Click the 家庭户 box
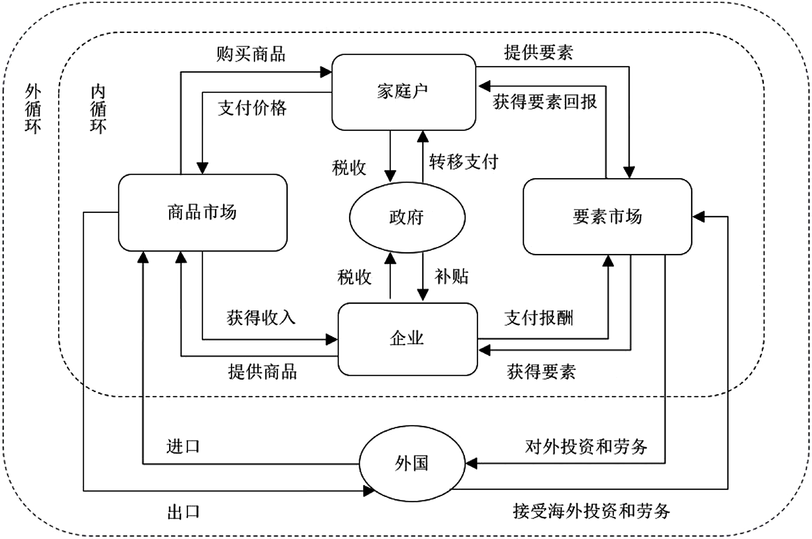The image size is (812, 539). (404, 92)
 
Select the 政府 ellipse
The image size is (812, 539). (407, 217)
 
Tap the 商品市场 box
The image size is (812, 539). (203, 212)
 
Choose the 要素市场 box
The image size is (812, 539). (607, 216)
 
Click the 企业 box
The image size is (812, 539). (407, 339)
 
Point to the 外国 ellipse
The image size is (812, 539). (412, 464)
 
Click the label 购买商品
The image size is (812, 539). (251, 54)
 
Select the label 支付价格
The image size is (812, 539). (252, 108)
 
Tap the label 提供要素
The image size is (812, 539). (538, 52)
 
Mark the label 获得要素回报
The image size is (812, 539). (545, 102)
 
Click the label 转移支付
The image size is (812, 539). (463, 162)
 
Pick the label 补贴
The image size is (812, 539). (452, 277)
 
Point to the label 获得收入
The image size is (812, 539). (261, 318)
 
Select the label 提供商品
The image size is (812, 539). (262, 372)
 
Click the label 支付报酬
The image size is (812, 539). (538, 318)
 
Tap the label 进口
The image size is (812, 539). (183, 446)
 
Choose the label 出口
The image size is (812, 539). (183, 512)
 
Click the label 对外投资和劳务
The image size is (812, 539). (586, 446)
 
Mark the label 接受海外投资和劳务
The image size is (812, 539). (591, 511)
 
